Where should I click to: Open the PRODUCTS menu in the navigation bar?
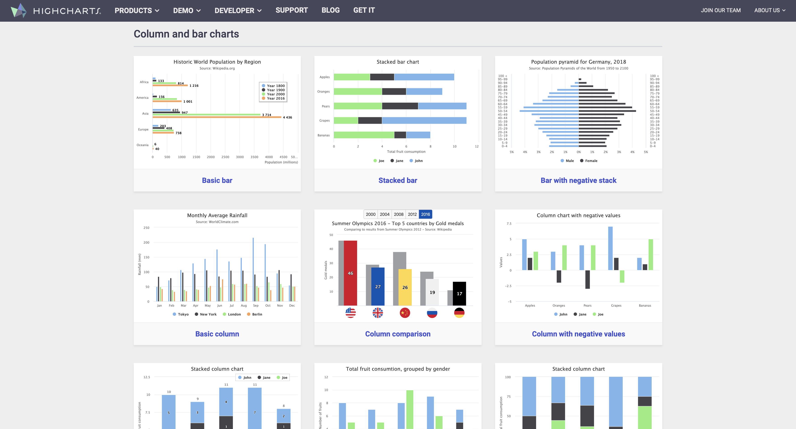[x=137, y=11]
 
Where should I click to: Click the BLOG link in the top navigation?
[x=330, y=10]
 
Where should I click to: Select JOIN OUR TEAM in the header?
[x=720, y=10]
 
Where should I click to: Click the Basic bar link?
[x=217, y=180]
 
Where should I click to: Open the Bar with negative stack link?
[x=578, y=180]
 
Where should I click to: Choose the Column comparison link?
[x=397, y=334]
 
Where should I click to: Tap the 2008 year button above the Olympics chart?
[x=398, y=214]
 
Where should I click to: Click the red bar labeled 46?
[x=350, y=273]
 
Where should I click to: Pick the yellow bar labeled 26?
[x=405, y=287]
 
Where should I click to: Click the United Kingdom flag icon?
[x=378, y=313]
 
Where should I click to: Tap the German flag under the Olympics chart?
[x=459, y=313]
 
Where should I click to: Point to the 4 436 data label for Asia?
[x=287, y=117]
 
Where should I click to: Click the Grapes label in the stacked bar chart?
[x=324, y=120]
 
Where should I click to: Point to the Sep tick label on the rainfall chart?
[x=255, y=305]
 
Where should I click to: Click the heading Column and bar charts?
[x=186, y=34]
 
